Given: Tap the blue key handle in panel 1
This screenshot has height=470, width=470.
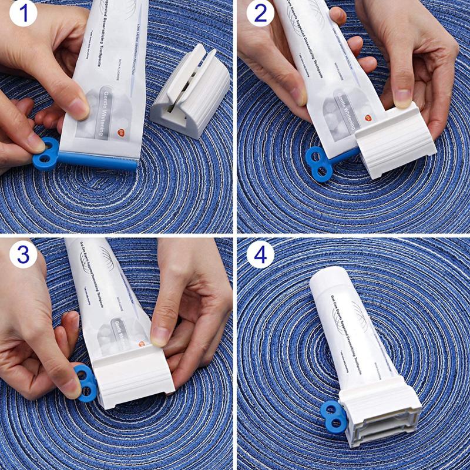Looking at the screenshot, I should (46, 153).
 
